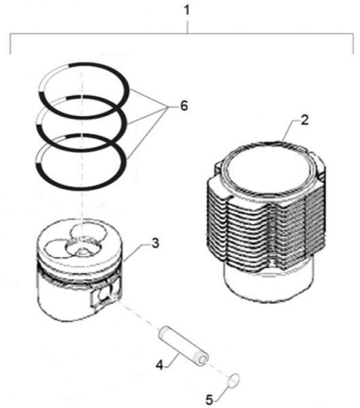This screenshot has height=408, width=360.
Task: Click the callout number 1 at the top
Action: click(x=187, y=11)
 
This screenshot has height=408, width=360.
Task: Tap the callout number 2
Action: click(x=304, y=120)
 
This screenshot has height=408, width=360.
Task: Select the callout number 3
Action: click(x=155, y=243)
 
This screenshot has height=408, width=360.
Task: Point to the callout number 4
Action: click(x=159, y=365)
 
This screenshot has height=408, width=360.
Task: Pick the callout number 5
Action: click(x=209, y=400)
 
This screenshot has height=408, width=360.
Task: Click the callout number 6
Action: click(x=184, y=106)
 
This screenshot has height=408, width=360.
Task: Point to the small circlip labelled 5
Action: click(x=233, y=381)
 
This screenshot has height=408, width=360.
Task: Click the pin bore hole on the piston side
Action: click(x=105, y=295)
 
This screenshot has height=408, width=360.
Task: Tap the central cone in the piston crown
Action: click(x=81, y=251)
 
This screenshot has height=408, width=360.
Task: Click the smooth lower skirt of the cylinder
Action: click(x=268, y=285)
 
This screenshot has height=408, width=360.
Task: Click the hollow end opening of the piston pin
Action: click(x=203, y=360)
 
